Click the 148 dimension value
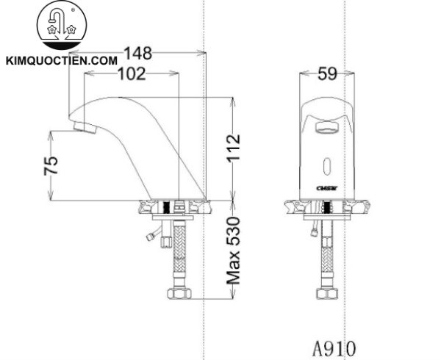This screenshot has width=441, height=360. pos(137,53)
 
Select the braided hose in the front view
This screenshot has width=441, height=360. pos(326,253)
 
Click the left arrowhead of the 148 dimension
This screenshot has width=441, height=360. pos(71,53)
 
